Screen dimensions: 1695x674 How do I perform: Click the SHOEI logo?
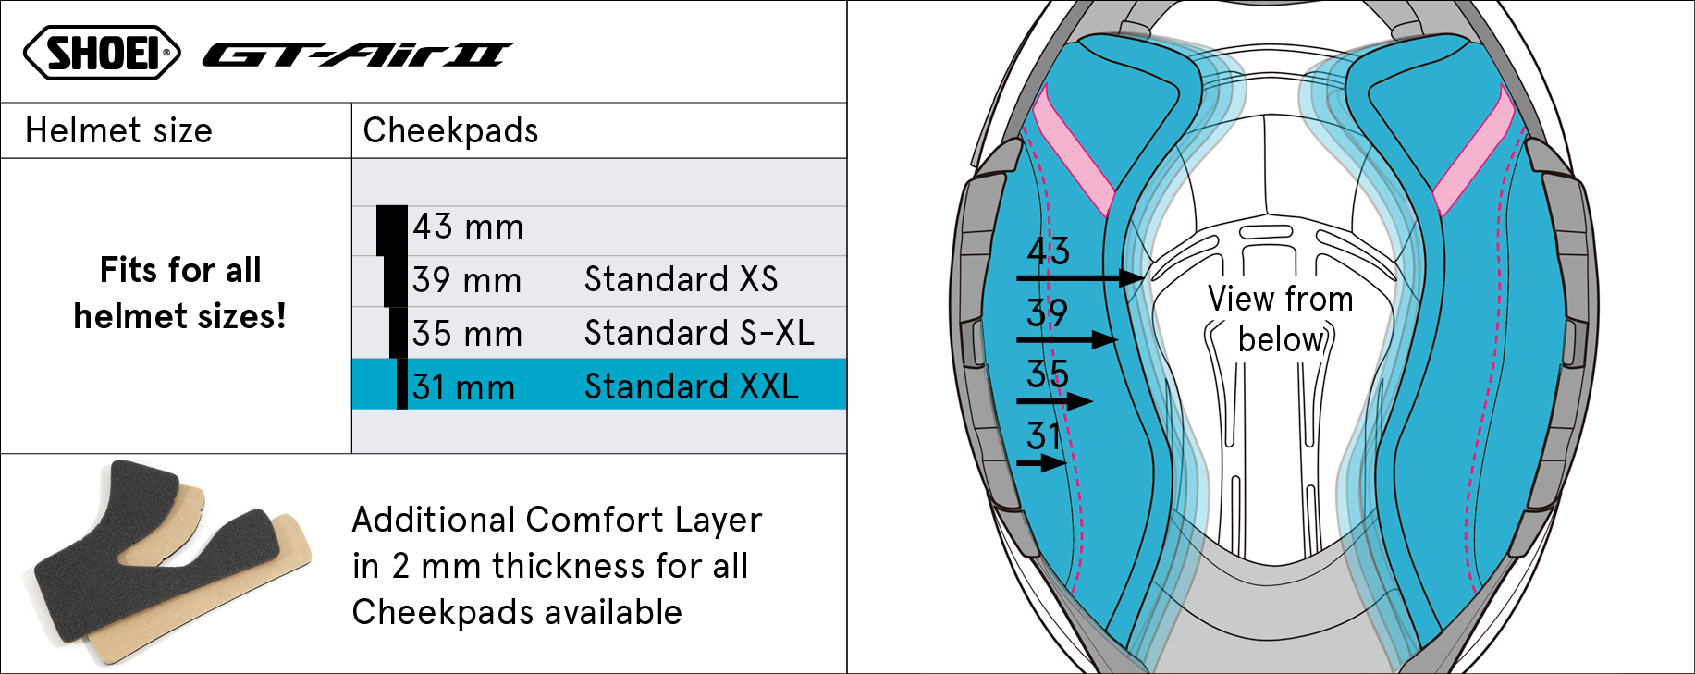[102, 52]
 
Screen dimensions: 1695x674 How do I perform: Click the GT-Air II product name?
[358, 55]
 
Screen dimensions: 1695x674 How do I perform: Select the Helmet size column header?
[118, 130]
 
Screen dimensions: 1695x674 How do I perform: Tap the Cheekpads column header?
[450, 130]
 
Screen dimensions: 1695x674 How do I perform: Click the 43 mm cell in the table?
[468, 227]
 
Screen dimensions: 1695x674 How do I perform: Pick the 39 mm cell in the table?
[467, 280]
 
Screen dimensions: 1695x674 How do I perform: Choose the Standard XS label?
[682, 279]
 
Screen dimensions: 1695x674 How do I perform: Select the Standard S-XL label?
[699, 333]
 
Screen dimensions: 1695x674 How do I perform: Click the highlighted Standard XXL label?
[692, 386]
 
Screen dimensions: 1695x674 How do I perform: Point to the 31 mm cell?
[463, 387]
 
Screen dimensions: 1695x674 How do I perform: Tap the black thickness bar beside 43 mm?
[392, 230]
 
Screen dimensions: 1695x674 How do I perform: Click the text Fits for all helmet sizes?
[180, 293]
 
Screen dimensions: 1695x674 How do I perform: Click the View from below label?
[1281, 319]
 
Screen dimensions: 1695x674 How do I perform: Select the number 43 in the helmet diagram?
[1048, 251]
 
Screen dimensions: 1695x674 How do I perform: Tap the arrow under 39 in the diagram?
[1068, 339]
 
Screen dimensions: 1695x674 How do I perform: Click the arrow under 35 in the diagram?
[1055, 401]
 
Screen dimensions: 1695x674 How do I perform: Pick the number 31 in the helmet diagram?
[1044, 435]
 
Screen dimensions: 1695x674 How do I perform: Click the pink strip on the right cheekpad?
[1474, 152]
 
